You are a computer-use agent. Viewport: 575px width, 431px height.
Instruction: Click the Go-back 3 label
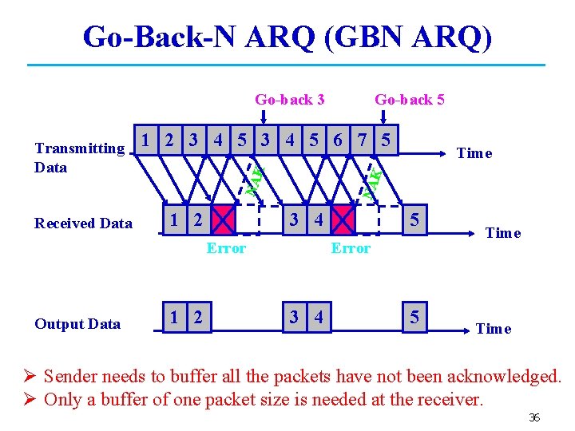coord(289,100)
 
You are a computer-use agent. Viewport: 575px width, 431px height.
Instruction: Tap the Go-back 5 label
coord(409,100)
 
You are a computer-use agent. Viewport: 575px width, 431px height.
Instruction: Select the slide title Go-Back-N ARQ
coord(287,36)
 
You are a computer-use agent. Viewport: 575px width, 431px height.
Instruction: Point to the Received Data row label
coord(83,223)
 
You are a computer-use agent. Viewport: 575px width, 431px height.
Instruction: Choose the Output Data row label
coord(77,324)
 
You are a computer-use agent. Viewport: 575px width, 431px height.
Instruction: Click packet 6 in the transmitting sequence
coord(338,140)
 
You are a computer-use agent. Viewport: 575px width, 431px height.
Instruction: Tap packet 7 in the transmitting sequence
coord(362,140)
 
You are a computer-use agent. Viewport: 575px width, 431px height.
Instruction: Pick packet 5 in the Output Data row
coord(414,318)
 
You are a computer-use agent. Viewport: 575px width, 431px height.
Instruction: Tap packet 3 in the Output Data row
coord(294,318)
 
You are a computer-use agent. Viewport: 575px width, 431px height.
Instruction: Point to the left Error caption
coord(226,248)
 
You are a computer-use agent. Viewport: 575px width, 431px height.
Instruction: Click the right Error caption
coord(351,248)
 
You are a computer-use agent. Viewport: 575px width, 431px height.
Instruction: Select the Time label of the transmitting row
coord(474,153)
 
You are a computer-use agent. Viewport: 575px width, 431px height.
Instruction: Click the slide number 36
coord(533,417)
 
